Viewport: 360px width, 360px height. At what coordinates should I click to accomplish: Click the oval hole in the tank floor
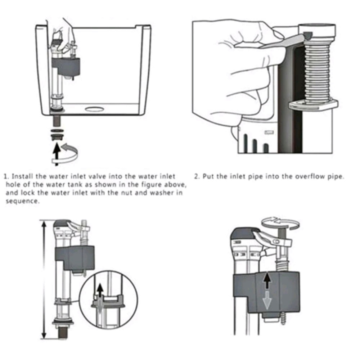[x=95, y=109]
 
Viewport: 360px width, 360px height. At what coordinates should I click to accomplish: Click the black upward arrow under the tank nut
[x=57, y=154]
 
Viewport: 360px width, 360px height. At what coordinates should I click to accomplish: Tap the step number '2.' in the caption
[x=197, y=176]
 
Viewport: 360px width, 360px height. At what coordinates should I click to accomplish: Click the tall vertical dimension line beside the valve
[x=44, y=279]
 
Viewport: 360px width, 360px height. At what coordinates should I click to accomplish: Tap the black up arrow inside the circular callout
[x=100, y=291]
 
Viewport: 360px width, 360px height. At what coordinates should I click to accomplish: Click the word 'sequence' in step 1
[x=22, y=201]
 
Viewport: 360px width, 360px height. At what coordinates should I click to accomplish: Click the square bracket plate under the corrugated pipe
[x=313, y=104]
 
